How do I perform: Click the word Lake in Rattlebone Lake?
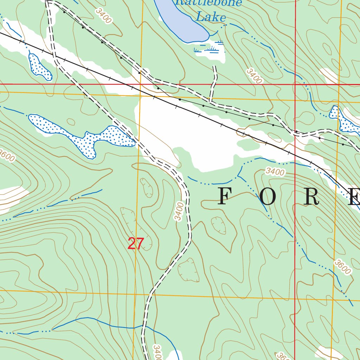(211, 17)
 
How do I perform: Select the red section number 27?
(136, 244)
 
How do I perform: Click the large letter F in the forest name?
(226, 197)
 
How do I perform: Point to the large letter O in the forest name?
(269, 197)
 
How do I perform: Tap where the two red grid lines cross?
(295, 85)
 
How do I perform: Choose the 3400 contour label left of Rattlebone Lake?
(103, 16)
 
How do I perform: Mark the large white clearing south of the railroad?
(190, 134)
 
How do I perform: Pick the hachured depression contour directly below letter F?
(219, 225)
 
